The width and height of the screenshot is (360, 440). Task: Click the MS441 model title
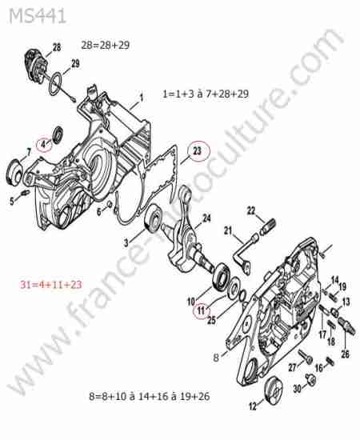coord(38,16)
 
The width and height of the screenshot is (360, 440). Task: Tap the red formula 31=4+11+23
coord(50,285)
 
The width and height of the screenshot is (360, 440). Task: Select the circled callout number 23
coord(198,151)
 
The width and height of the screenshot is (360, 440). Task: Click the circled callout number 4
coord(43,144)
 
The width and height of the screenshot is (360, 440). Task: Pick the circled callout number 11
coord(201,310)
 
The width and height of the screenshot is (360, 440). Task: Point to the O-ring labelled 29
coord(55,85)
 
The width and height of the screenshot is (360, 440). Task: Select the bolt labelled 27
coord(306,357)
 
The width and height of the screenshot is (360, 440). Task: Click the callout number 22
coord(251,210)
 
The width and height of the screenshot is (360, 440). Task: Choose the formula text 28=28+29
coord(106,45)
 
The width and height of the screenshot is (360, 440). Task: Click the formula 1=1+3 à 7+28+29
coord(206,94)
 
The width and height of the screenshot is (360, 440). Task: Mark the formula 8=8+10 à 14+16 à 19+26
coord(150,397)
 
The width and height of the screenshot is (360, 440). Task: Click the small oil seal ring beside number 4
coord(58,135)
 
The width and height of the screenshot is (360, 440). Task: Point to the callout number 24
coord(206,218)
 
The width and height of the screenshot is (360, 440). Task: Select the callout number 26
coord(345,354)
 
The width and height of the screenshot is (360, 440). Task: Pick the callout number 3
coord(126,242)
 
